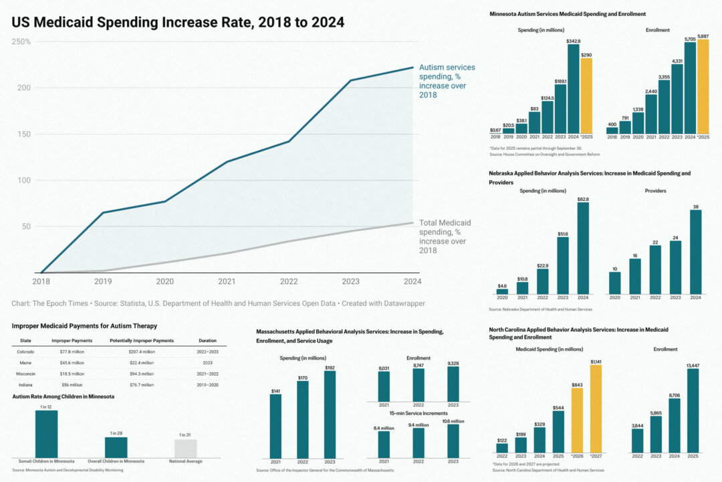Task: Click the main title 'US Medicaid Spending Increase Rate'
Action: point(178,22)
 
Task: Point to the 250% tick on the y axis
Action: point(21,42)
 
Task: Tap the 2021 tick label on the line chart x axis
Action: point(227,282)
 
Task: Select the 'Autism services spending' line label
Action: point(447,81)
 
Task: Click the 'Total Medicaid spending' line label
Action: point(445,236)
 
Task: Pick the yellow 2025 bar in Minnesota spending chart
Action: point(586,96)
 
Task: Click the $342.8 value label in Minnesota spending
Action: point(573,42)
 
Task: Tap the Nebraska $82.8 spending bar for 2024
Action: point(583,248)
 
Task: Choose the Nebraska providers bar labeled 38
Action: point(695,252)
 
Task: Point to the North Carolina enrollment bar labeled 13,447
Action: point(692,410)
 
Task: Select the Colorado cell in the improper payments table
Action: point(25,351)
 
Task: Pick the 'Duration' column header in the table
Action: point(207,341)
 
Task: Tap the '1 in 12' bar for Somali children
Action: point(46,434)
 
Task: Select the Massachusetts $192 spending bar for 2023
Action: point(330,414)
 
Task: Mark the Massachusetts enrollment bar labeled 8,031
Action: point(384,386)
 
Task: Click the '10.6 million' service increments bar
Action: point(453,440)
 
